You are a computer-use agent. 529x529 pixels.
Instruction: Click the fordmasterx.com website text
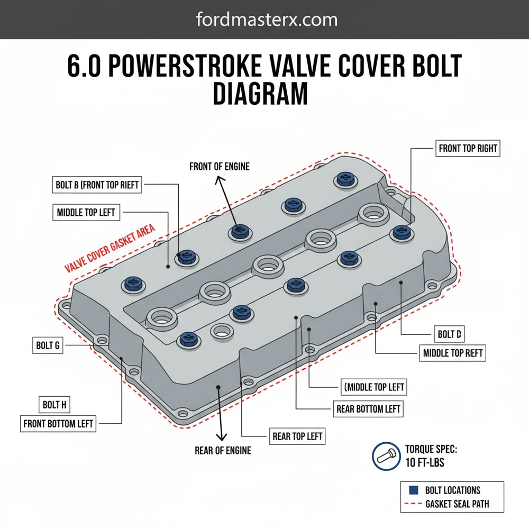[x=266, y=20]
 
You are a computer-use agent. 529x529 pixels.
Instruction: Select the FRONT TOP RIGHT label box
[x=468, y=148]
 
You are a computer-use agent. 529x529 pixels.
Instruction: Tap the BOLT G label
[x=47, y=346]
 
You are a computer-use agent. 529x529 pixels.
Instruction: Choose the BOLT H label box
[x=54, y=405]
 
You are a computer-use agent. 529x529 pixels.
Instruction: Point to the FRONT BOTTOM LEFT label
[x=58, y=424]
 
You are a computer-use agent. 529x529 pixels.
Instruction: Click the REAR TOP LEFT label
[x=297, y=437]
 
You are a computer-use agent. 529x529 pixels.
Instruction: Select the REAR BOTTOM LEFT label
[x=368, y=409]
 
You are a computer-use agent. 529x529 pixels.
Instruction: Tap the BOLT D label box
[x=449, y=334]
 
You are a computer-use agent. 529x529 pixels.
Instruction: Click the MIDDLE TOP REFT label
[x=452, y=353]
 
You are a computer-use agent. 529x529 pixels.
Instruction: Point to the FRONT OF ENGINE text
[x=219, y=167]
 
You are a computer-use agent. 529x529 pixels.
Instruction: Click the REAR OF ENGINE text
[x=222, y=451]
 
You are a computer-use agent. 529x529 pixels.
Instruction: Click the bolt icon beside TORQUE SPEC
[x=386, y=456]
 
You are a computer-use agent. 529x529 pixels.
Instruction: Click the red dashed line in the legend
[x=414, y=504]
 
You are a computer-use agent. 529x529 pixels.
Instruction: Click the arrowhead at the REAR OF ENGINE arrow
[x=222, y=436]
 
